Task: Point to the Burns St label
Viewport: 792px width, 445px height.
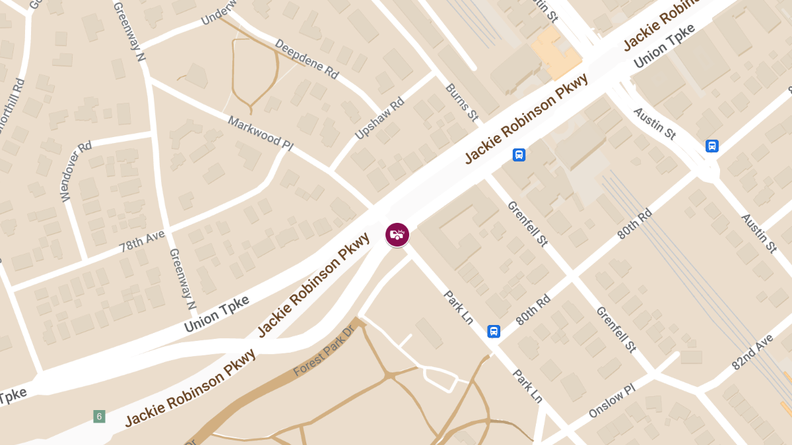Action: [x=461, y=102]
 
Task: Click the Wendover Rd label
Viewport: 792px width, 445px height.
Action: [x=75, y=172]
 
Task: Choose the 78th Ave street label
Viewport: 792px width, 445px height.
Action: [x=143, y=242]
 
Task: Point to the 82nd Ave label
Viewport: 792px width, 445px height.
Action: [x=752, y=351]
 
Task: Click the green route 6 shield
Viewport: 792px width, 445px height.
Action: [x=99, y=416]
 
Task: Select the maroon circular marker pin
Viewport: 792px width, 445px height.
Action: [x=397, y=235]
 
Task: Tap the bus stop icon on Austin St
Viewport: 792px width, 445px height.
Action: [x=711, y=146]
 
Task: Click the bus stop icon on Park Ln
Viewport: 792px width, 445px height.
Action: [x=494, y=331]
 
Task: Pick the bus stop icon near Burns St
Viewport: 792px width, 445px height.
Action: [x=519, y=155]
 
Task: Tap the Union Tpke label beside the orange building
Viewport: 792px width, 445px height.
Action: [x=665, y=47]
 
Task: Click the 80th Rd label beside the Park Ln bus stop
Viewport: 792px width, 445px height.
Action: [x=533, y=309]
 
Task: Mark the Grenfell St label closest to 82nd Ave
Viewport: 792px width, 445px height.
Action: [x=616, y=329]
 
